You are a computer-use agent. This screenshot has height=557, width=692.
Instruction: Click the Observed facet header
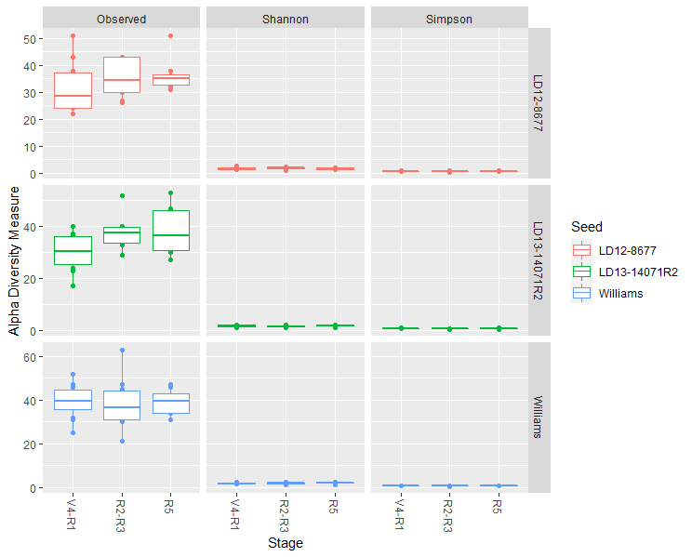coord(121,19)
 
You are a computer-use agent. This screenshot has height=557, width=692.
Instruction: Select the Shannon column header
coord(285,19)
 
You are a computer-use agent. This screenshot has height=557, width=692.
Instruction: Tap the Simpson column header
coord(449,19)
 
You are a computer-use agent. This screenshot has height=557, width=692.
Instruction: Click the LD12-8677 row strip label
coord(539,103)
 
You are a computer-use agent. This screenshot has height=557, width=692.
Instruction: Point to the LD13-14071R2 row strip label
coord(539,259)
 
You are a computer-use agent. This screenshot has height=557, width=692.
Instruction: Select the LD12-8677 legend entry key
coord(581,250)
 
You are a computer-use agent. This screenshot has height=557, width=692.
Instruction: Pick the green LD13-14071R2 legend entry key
coord(581,272)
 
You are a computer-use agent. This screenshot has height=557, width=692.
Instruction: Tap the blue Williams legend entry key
coord(581,293)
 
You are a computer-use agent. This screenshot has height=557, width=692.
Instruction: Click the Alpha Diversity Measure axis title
coord(14,259)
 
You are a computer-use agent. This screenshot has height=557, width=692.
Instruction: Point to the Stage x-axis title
coord(285,542)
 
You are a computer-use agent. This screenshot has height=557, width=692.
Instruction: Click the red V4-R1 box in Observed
coord(73,91)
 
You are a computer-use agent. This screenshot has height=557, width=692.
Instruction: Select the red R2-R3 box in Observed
coord(121,75)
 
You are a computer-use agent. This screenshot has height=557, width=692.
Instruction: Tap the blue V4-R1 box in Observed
coord(73,400)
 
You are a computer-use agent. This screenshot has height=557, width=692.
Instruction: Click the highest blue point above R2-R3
coord(121,351)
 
